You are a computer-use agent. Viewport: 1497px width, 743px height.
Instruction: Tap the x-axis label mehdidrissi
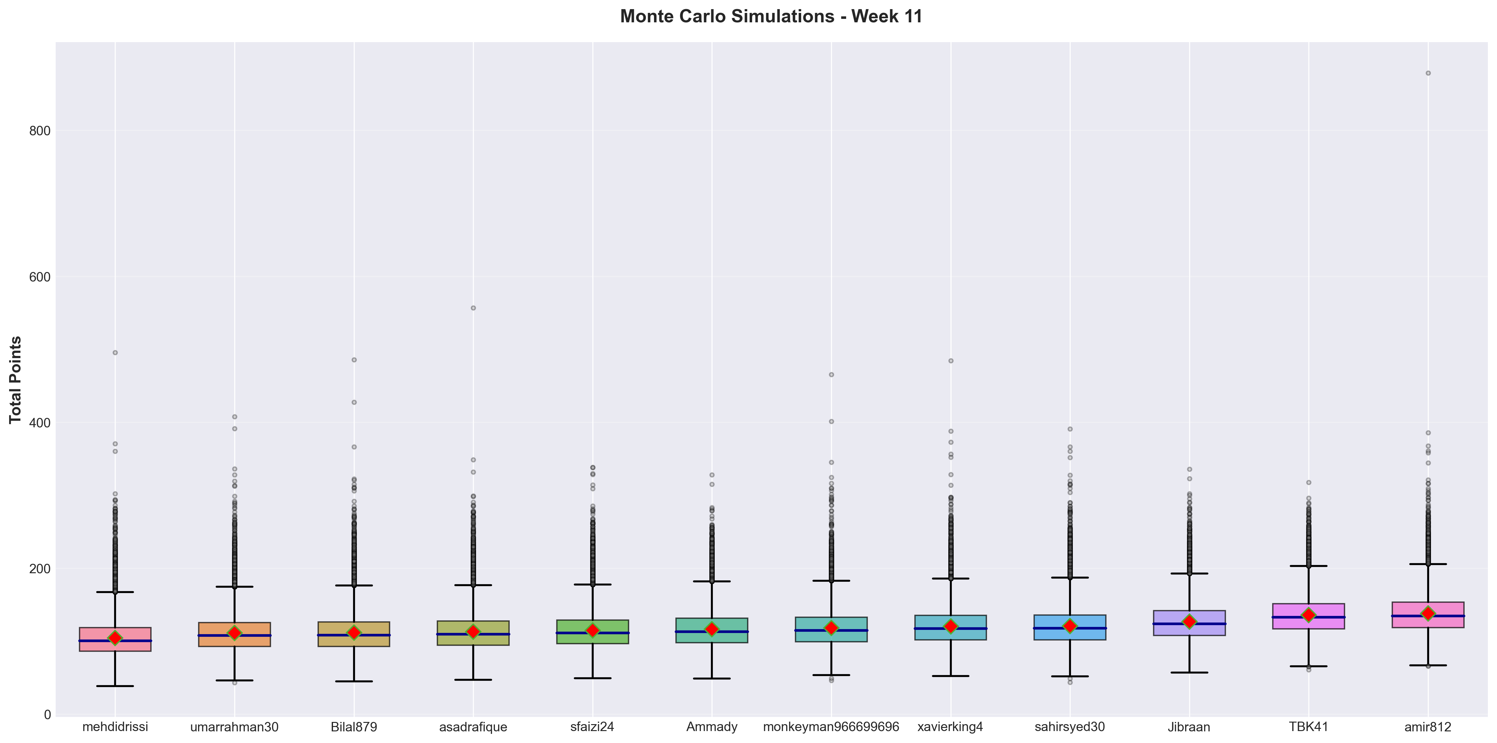tap(115, 727)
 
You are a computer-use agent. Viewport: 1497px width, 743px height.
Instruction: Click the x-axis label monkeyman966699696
tap(831, 727)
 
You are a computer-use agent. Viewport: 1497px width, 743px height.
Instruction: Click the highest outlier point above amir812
tap(1428, 73)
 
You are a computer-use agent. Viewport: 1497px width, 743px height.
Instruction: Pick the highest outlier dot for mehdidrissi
tap(115, 352)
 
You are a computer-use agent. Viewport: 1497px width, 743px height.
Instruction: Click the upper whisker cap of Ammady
tap(712, 581)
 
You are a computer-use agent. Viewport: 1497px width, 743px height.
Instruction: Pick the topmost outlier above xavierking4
tap(951, 361)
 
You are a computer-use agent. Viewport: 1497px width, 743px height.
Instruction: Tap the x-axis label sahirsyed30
tap(1070, 727)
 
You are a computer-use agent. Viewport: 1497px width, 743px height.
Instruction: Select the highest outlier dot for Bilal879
tap(354, 360)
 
